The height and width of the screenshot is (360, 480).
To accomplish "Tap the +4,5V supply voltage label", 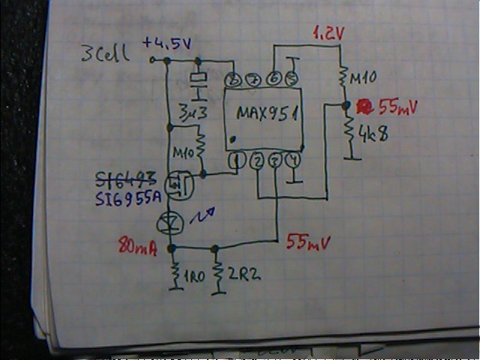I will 166,44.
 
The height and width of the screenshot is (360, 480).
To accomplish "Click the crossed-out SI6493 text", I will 124,179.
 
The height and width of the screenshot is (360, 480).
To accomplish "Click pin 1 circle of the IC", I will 238,160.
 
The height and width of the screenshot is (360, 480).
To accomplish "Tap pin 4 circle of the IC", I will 294,160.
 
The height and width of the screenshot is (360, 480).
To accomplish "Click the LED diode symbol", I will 172,222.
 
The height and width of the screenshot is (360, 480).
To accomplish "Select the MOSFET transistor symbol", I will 177,183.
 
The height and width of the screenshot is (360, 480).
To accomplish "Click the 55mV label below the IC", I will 309,241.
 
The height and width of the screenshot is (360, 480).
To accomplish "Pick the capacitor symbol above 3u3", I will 198,82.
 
